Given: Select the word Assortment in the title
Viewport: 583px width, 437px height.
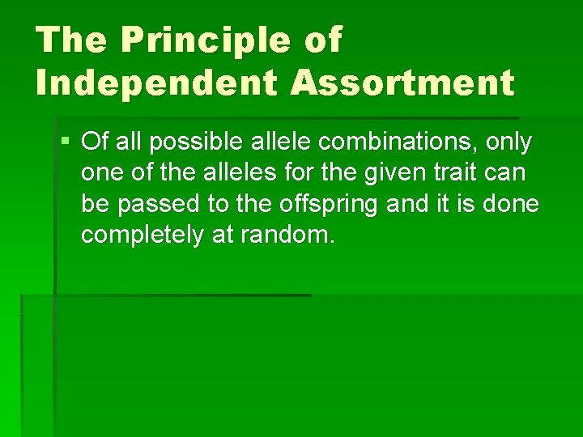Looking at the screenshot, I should (x=400, y=83).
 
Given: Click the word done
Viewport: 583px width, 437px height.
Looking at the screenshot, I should (x=512, y=204).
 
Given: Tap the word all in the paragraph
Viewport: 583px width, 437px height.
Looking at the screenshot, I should (x=128, y=142).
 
